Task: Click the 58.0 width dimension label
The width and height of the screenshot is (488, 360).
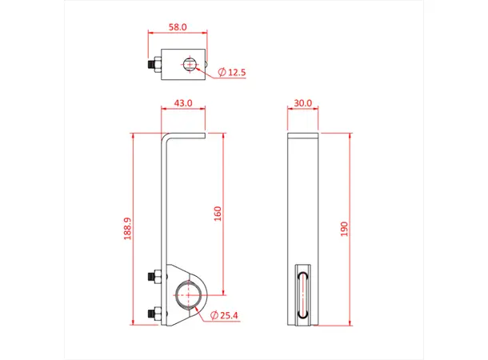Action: [x=177, y=26]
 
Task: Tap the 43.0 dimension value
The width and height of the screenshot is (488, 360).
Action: [x=183, y=103]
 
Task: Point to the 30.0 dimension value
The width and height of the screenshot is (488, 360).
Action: [x=302, y=103]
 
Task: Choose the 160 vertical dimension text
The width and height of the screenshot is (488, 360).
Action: [x=218, y=214]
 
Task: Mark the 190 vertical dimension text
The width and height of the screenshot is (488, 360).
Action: [x=344, y=229]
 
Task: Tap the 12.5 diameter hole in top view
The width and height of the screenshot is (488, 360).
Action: [x=190, y=64]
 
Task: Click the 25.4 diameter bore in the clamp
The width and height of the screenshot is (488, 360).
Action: [x=188, y=294]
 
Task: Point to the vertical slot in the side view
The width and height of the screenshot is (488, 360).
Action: [x=302, y=294]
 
